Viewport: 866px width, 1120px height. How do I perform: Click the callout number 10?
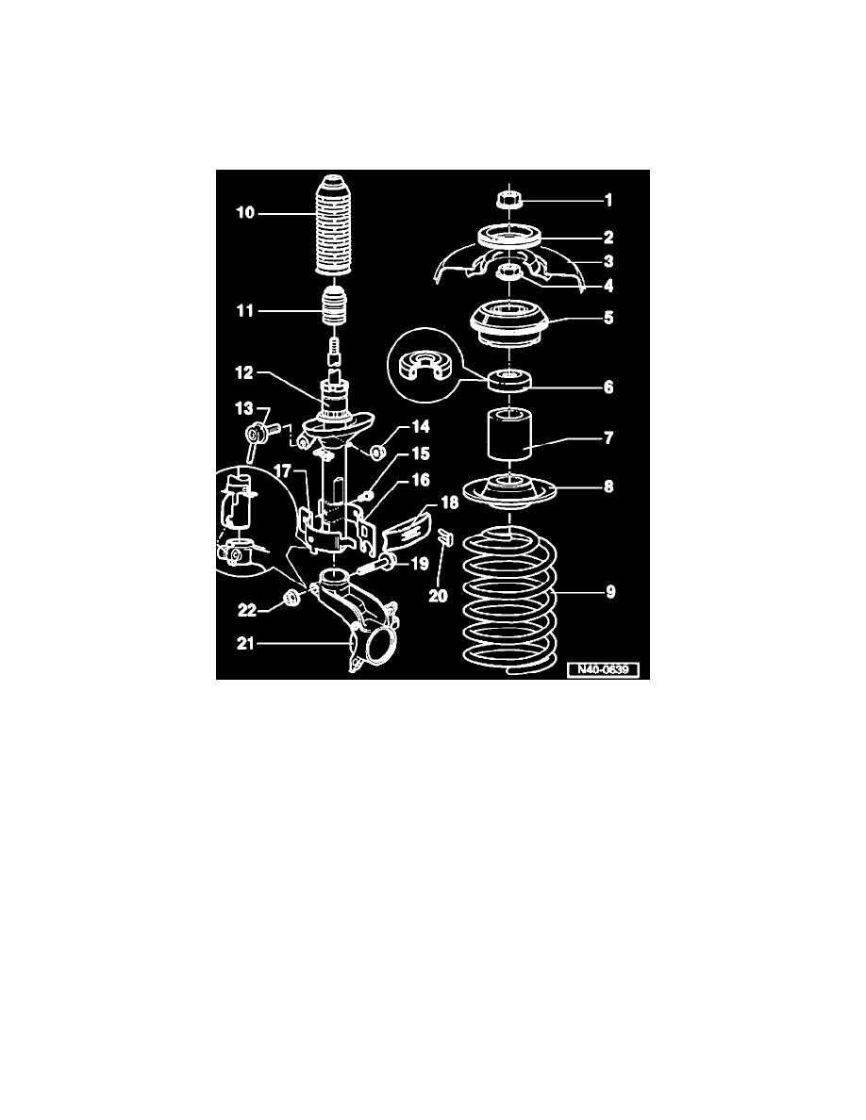[245, 212]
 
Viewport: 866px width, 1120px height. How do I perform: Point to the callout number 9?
[610, 592]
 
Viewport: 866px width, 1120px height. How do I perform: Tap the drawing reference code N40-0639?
[603, 670]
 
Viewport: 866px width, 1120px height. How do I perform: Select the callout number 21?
[245, 644]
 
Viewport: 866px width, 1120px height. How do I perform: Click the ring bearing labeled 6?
[508, 379]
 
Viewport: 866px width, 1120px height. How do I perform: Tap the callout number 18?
[449, 502]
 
